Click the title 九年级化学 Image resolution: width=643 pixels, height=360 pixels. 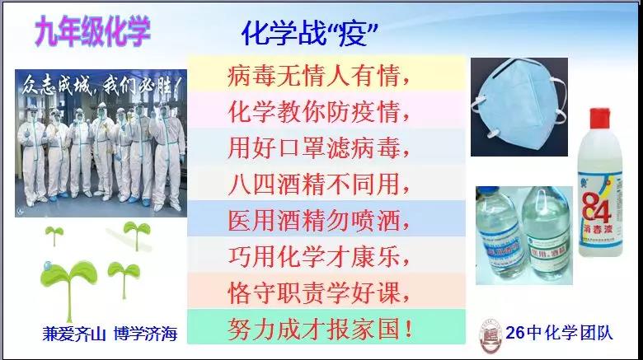(x=92, y=31)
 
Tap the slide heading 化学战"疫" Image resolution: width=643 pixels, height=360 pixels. (x=310, y=34)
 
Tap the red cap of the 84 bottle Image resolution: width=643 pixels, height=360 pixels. (x=599, y=119)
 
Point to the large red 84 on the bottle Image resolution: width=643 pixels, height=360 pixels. (x=596, y=207)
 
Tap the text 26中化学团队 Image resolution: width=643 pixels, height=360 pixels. (x=560, y=333)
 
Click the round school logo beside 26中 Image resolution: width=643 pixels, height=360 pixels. (x=490, y=335)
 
